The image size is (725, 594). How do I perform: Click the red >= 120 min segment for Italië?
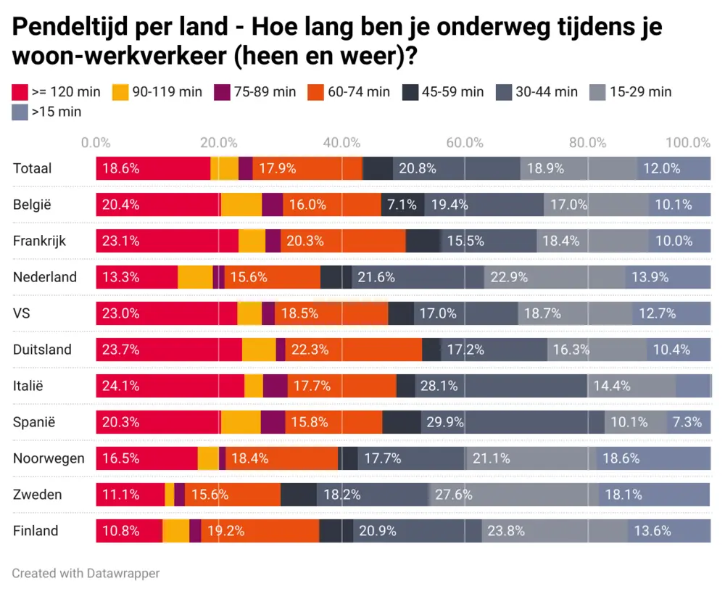[x=170, y=386]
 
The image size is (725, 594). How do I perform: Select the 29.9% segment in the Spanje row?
[x=512, y=422]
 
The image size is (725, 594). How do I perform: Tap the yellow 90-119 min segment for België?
[x=241, y=205]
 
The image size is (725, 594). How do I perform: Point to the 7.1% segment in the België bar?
[x=402, y=205]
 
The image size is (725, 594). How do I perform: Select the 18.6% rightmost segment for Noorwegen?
[x=652, y=458]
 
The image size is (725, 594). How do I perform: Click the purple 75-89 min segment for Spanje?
[x=273, y=422]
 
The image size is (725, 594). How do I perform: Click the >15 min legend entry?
[x=46, y=112]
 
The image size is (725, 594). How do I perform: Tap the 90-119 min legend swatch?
[x=120, y=92]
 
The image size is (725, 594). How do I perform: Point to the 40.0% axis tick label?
[x=342, y=142]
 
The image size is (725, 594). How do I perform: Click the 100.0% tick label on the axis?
[x=688, y=142]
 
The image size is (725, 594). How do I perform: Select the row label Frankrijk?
[x=39, y=241]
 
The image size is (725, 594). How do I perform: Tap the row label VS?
[x=21, y=313]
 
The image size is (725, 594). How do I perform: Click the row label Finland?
[x=36, y=531]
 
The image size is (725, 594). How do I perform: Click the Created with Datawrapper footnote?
[x=86, y=573]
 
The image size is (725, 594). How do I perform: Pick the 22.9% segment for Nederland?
[x=555, y=277]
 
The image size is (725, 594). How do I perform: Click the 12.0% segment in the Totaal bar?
[x=674, y=168]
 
